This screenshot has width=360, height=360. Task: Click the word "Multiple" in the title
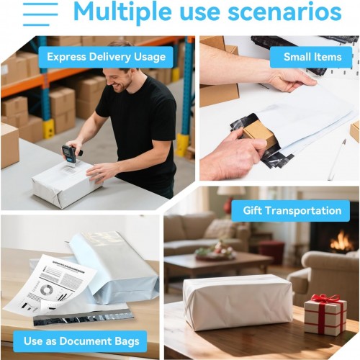(122, 12)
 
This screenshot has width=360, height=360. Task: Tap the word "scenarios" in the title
(284, 12)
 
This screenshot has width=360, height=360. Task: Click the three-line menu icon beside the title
(40, 14)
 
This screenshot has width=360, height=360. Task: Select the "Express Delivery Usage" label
(106, 57)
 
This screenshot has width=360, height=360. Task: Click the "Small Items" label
(311, 57)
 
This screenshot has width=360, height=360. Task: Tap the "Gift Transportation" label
(291, 211)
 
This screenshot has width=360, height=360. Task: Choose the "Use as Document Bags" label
(80, 341)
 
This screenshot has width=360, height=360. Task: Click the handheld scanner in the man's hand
(71, 153)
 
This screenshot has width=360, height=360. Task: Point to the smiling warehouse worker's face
(120, 79)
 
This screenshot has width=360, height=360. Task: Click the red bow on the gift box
(326, 299)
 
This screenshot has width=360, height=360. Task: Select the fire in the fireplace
(341, 241)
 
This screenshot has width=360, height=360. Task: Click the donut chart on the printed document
(47, 289)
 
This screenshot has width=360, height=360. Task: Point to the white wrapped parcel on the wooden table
(238, 302)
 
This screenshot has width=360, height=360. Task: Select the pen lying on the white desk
(337, 159)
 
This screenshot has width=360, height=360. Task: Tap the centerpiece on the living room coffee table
(215, 252)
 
